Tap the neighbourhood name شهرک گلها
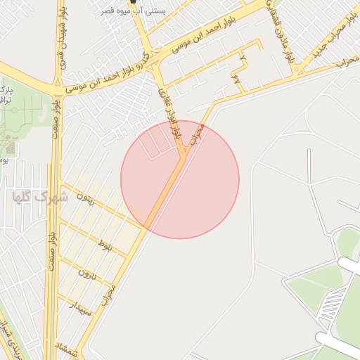click(41, 197)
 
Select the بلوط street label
click(105, 246)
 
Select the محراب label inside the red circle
click(198, 134)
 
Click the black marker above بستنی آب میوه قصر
click(133, 2)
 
